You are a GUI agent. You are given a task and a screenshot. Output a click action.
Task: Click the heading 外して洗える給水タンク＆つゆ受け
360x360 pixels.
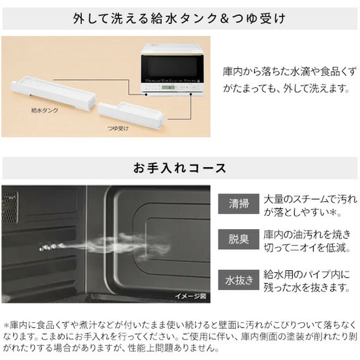point(180,18)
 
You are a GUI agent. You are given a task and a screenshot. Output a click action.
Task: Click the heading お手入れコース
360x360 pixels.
point(180,168)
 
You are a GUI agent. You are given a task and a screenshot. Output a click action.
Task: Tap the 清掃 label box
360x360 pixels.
point(238,204)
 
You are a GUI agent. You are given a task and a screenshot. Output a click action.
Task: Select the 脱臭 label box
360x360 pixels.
point(238,238)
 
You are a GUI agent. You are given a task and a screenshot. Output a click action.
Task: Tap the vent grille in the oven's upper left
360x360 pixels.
point(10,208)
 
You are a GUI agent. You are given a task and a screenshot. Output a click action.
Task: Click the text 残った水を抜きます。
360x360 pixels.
point(306,287)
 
